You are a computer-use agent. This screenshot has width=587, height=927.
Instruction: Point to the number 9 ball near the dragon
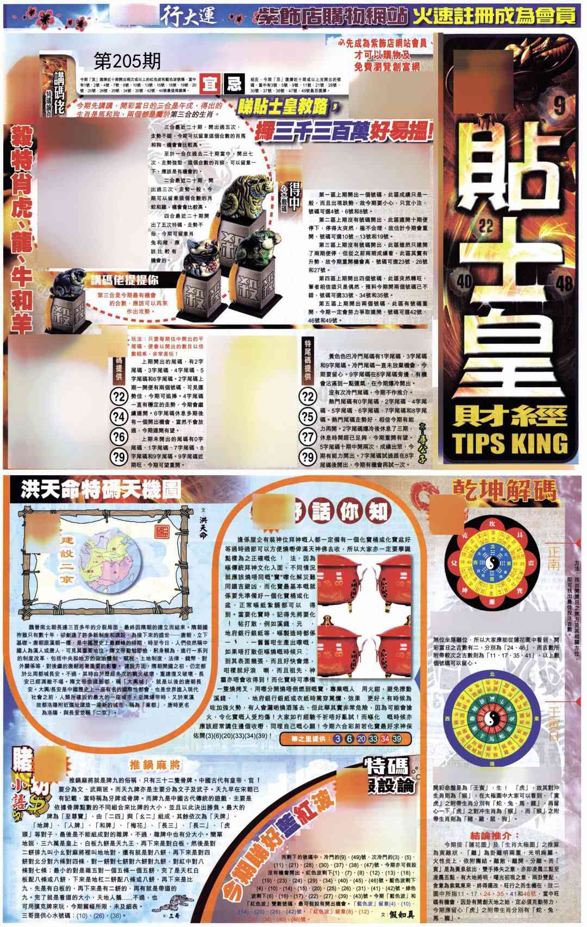pos(559,106)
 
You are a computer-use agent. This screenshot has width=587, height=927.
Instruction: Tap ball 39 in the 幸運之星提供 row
pos(397,739)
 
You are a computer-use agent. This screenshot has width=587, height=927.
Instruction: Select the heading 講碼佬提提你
pos(124,280)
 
